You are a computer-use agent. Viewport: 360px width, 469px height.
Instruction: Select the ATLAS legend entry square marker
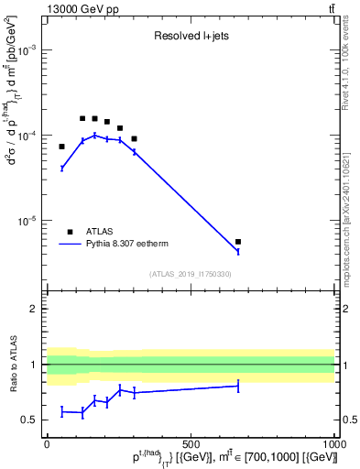pos(71,232)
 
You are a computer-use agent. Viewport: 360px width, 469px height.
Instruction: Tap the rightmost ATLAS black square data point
pos(238,242)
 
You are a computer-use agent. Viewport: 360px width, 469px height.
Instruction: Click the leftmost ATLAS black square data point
pos(61,147)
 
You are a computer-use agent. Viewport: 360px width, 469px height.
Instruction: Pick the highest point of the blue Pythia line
pos(94,135)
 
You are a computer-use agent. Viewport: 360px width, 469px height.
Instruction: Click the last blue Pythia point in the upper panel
pos(238,251)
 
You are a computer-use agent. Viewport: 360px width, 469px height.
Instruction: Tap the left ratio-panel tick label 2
pos(34,309)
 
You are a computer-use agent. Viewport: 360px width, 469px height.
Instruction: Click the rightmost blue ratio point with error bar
pos(238,387)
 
